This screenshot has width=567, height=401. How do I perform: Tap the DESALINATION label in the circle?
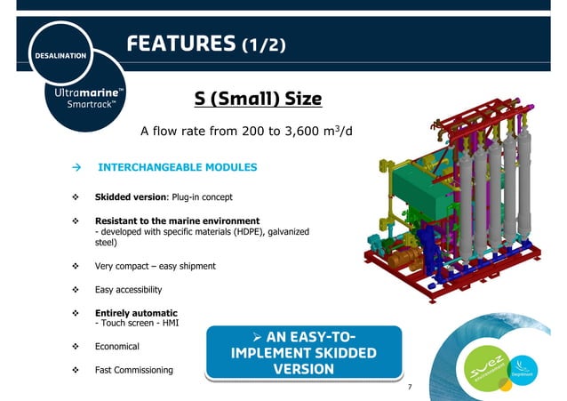(x=61, y=56)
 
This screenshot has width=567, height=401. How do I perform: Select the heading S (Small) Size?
(x=258, y=98)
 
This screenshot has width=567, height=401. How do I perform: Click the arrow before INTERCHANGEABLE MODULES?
(x=76, y=167)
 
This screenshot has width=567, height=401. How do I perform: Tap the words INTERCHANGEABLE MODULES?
(x=177, y=167)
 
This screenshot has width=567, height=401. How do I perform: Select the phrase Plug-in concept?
(x=205, y=196)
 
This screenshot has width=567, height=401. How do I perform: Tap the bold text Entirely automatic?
(x=136, y=313)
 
